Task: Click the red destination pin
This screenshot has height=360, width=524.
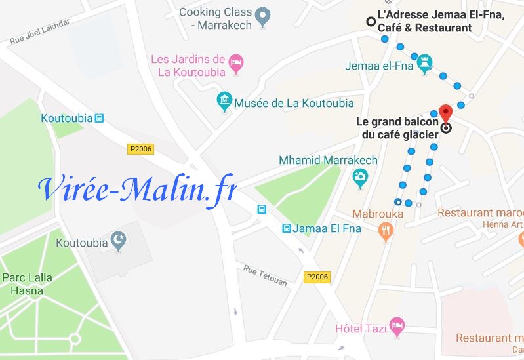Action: pyautogui.click(x=445, y=111)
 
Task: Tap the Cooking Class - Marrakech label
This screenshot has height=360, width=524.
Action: pyautogui.click(x=215, y=18)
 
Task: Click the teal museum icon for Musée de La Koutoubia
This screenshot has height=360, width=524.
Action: pyautogui.click(x=224, y=101)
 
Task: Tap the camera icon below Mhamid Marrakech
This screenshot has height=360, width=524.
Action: pyautogui.click(x=359, y=176)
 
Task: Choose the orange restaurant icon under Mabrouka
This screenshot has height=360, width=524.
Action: pyautogui.click(x=385, y=230)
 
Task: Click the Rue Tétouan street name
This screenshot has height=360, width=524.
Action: pyautogui.click(x=265, y=275)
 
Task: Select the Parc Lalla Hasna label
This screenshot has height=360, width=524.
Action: pyautogui.click(x=27, y=284)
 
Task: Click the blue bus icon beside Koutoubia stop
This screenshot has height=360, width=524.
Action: pyautogui.click(x=99, y=119)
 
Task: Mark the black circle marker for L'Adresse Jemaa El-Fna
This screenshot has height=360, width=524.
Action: pyautogui.click(x=371, y=22)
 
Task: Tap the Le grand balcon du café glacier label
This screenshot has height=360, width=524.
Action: pyautogui.click(x=396, y=129)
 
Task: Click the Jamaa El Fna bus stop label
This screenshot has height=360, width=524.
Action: pyautogui.click(x=317, y=228)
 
